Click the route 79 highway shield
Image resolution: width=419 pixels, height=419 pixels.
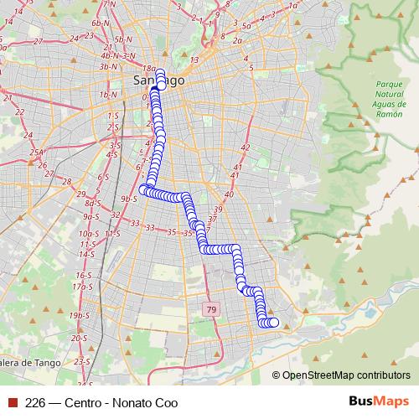point(209,310)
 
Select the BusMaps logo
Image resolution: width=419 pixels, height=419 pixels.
point(379,401)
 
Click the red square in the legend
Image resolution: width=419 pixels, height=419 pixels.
point(12,402)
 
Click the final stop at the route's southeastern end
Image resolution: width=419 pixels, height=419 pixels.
point(273,323)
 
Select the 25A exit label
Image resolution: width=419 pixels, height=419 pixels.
point(36,153)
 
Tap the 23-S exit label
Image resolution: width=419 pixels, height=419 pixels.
point(82,360)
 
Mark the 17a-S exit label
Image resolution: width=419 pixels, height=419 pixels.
point(82,286)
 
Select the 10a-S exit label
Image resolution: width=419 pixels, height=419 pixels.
point(86,234)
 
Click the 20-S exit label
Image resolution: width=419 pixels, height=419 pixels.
point(80,338)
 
